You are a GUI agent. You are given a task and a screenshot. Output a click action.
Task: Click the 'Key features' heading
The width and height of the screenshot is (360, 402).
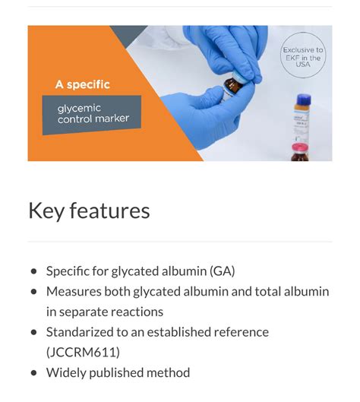89,210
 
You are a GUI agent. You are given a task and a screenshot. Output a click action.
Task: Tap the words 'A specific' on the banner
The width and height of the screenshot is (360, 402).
82,84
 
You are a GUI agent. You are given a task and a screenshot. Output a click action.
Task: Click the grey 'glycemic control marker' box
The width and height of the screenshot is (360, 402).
91,115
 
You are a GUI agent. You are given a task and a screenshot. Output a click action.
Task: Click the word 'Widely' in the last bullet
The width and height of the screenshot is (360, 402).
65,373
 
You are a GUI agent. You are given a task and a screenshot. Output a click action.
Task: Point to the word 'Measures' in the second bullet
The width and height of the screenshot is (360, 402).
74,291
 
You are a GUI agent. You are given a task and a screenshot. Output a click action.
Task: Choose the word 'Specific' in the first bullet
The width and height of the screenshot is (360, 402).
69,271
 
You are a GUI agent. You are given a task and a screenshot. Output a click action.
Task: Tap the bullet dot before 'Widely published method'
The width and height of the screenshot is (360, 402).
33,374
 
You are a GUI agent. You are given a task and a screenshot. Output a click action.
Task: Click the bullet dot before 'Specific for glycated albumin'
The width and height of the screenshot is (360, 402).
33,271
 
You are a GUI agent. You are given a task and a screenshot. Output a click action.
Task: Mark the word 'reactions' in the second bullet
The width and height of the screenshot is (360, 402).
137,312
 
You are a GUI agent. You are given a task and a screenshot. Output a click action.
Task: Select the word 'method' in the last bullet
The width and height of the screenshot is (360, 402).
167,373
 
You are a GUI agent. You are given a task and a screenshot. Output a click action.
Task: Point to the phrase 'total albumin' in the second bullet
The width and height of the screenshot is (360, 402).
293,291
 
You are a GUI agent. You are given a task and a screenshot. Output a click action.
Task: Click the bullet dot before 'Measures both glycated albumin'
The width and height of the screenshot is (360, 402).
33,292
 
